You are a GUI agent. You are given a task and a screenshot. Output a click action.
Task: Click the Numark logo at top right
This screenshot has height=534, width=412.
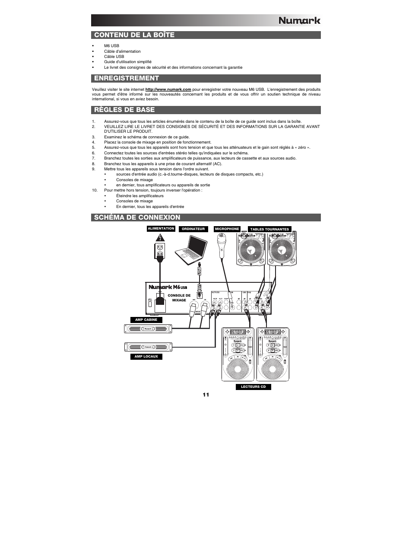(x=299, y=20)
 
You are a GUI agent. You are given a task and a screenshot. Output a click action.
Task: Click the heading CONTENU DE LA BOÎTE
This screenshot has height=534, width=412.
(x=134, y=35)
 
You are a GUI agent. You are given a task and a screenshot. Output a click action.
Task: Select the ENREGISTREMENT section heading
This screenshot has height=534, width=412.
(x=127, y=78)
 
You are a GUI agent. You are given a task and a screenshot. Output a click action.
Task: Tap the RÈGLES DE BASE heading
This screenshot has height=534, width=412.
(x=124, y=110)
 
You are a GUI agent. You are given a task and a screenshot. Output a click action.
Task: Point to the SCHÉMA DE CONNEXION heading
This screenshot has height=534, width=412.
(x=137, y=217)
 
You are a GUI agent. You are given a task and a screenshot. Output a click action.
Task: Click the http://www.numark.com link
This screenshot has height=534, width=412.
(x=168, y=90)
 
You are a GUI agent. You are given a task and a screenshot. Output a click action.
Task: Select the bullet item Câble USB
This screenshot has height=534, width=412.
(x=114, y=57)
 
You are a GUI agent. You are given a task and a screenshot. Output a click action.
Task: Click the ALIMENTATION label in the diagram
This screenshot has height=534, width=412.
(x=161, y=229)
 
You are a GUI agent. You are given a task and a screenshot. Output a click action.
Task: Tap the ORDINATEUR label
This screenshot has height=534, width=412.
(x=193, y=229)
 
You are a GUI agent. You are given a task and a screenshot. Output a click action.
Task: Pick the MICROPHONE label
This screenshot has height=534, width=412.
(x=227, y=229)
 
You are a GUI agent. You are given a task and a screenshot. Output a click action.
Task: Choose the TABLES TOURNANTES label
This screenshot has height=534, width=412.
(x=269, y=230)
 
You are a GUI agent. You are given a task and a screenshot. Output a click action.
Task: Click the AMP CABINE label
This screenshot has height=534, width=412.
(x=146, y=320)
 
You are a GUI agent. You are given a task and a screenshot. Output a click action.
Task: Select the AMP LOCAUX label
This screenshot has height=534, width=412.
(x=146, y=357)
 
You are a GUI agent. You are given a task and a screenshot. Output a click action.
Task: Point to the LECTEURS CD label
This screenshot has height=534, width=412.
(x=253, y=387)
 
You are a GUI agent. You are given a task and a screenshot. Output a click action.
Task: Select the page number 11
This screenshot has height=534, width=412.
(x=206, y=395)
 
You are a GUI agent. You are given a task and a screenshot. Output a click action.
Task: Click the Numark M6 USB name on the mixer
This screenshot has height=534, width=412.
(x=168, y=287)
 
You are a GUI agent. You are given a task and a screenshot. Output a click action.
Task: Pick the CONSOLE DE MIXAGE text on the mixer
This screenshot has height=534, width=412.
(x=179, y=298)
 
